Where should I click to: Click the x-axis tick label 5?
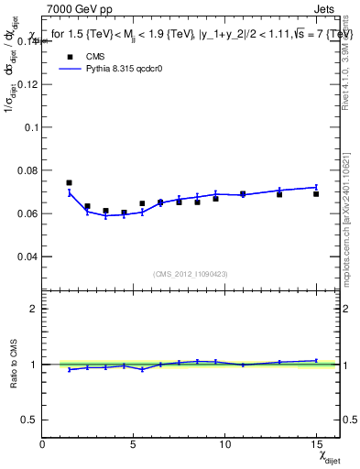[x=134, y=444]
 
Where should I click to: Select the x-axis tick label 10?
[x=224, y=444]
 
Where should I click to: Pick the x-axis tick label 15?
[x=316, y=444]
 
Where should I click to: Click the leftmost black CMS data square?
[x=70, y=182]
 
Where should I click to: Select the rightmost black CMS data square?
[x=316, y=193]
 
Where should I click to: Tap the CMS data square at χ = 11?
[x=243, y=193]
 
